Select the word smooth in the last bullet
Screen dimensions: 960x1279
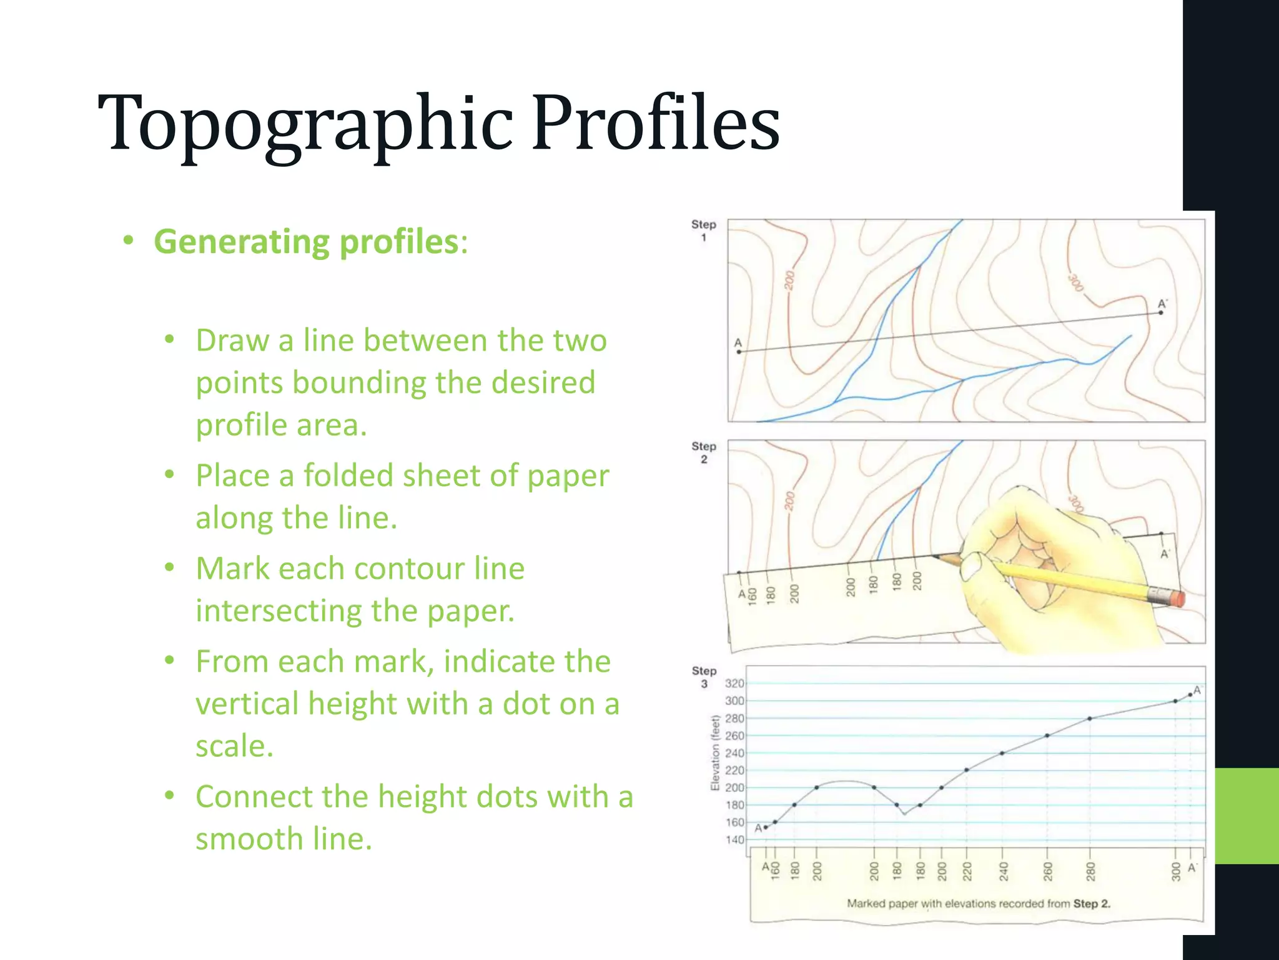[x=250, y=838]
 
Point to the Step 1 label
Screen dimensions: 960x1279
[x=703, y=230]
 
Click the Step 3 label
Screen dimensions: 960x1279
[x=704, y=676]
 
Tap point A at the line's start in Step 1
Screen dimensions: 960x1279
[x=739, y=352]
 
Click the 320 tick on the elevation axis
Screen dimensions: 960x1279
[x=734, y=683]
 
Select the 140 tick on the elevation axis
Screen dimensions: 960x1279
[x=734, y=839]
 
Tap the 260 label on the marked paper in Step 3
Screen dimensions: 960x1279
[x=1048, y=870]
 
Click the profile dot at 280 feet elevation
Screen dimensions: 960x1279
[x=1090, y=718]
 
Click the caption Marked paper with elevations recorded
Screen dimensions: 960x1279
[x=978, y=903]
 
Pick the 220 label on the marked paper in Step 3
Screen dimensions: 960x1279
[x=967, y=870]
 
